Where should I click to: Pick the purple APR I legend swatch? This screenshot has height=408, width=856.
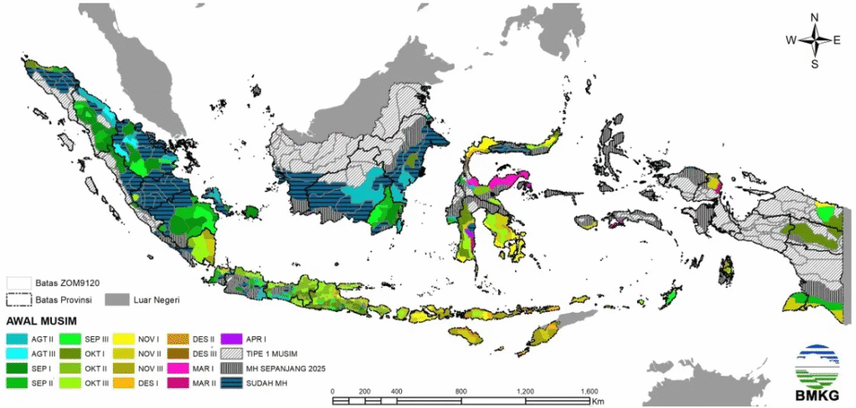(x=236, y=339)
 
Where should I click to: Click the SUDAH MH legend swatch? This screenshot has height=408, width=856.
(x=236, y=382)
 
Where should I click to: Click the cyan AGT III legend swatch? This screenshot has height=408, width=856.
(x=16, y=354)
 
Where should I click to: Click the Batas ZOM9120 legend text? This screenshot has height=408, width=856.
(x=62, y=283)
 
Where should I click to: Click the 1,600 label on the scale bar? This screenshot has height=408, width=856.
(x=589, y=391)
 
